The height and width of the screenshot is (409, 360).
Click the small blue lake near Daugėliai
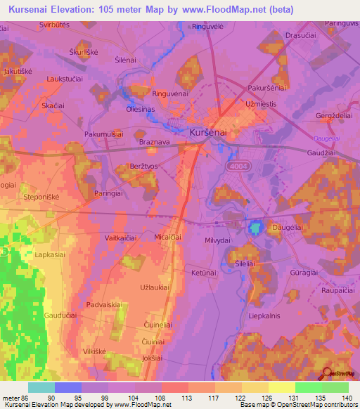255,228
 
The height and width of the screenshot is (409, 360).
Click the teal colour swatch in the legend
41,387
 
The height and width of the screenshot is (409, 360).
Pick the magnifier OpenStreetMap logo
326,374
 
